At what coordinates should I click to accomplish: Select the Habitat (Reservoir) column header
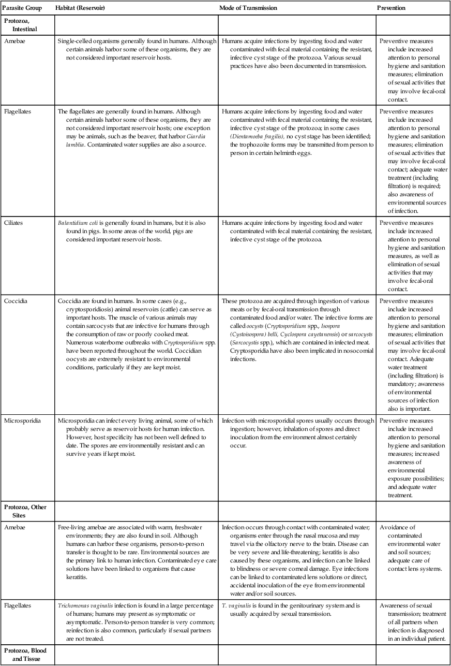click(x=81, y=8)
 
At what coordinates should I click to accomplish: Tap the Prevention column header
click(x=391, y=8)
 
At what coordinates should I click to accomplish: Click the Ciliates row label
click(x=15, y=223)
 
